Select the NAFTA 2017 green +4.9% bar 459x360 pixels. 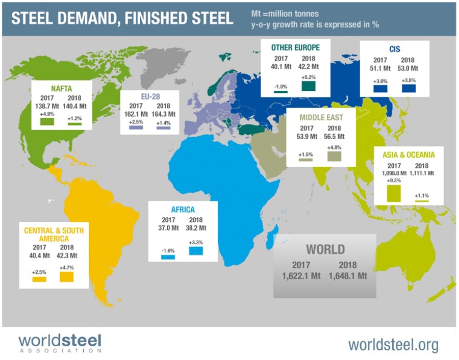point(47,122)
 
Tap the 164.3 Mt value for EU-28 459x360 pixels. point(165,114)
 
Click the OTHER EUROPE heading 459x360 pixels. point(295,47)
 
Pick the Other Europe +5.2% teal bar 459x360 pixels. point(309,86)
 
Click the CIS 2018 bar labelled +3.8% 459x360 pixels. point(409,88)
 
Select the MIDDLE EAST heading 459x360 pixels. point(321,118)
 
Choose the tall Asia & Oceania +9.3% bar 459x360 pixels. point(394,193)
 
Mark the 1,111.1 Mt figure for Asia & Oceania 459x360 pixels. point(422,174)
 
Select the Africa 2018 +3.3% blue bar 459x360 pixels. point(196,251)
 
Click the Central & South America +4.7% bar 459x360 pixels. point(67,276)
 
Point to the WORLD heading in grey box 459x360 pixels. point(325,250)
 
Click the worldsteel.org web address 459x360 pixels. point(393,345)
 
